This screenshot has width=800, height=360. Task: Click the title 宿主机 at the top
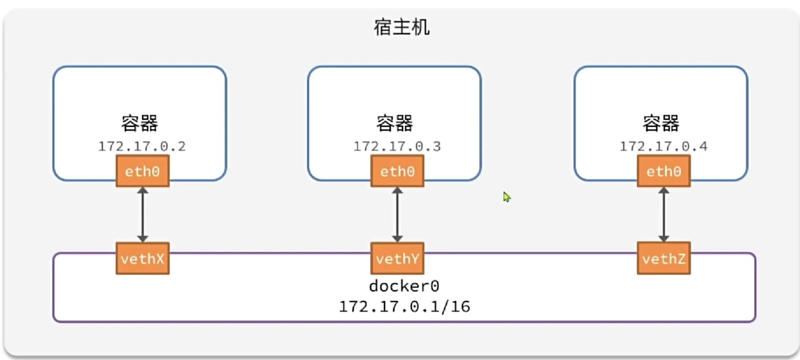pyautogui.click(x=401, y=27)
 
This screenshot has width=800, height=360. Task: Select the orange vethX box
pyautogui.click(x=143, y=258)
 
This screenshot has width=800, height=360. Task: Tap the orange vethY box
pyautogui.click(x=397, y=258)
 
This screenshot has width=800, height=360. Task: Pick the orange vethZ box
pyautogui.click(x=664, y=258)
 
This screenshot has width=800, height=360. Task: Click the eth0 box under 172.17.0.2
pyautogui.click(x=143, y=171)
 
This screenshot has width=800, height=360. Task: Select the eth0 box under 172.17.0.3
pyautogui.click(x=397, y=171)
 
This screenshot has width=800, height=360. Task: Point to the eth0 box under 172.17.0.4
pyautogui.click(x=664, y=171)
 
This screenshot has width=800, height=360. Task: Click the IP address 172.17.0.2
pyautogui.click(x=142, y=146)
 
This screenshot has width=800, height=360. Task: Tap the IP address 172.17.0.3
pyautogui.click(x=397, y=146)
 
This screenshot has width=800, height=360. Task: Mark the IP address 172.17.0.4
pyautogui.click(x=664, y=146)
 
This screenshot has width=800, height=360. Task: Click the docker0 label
pyautogui.click(x=404, y=286)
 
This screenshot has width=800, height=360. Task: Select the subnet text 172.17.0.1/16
pyautogui.click(x=404, y=306)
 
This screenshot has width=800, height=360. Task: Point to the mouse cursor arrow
pyautogui.click(x=506, y=197)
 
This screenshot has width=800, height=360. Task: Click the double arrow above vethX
pyautogui.click(x=143, y=215)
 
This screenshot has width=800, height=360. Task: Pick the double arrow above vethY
pyautogui.click(x=397, y=215)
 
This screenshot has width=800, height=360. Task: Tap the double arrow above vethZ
pyautogui.click(x=664, y=215)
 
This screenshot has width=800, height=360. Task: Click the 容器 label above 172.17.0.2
pyautogui.click(x=139, y=123)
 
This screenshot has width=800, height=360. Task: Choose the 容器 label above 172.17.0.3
pyautogui.click(x=394, y=123)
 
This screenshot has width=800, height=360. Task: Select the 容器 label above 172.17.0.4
pyautogui.click(x=661, y=123)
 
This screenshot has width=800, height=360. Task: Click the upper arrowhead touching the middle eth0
pyautogui.click(x=397, y=191)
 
